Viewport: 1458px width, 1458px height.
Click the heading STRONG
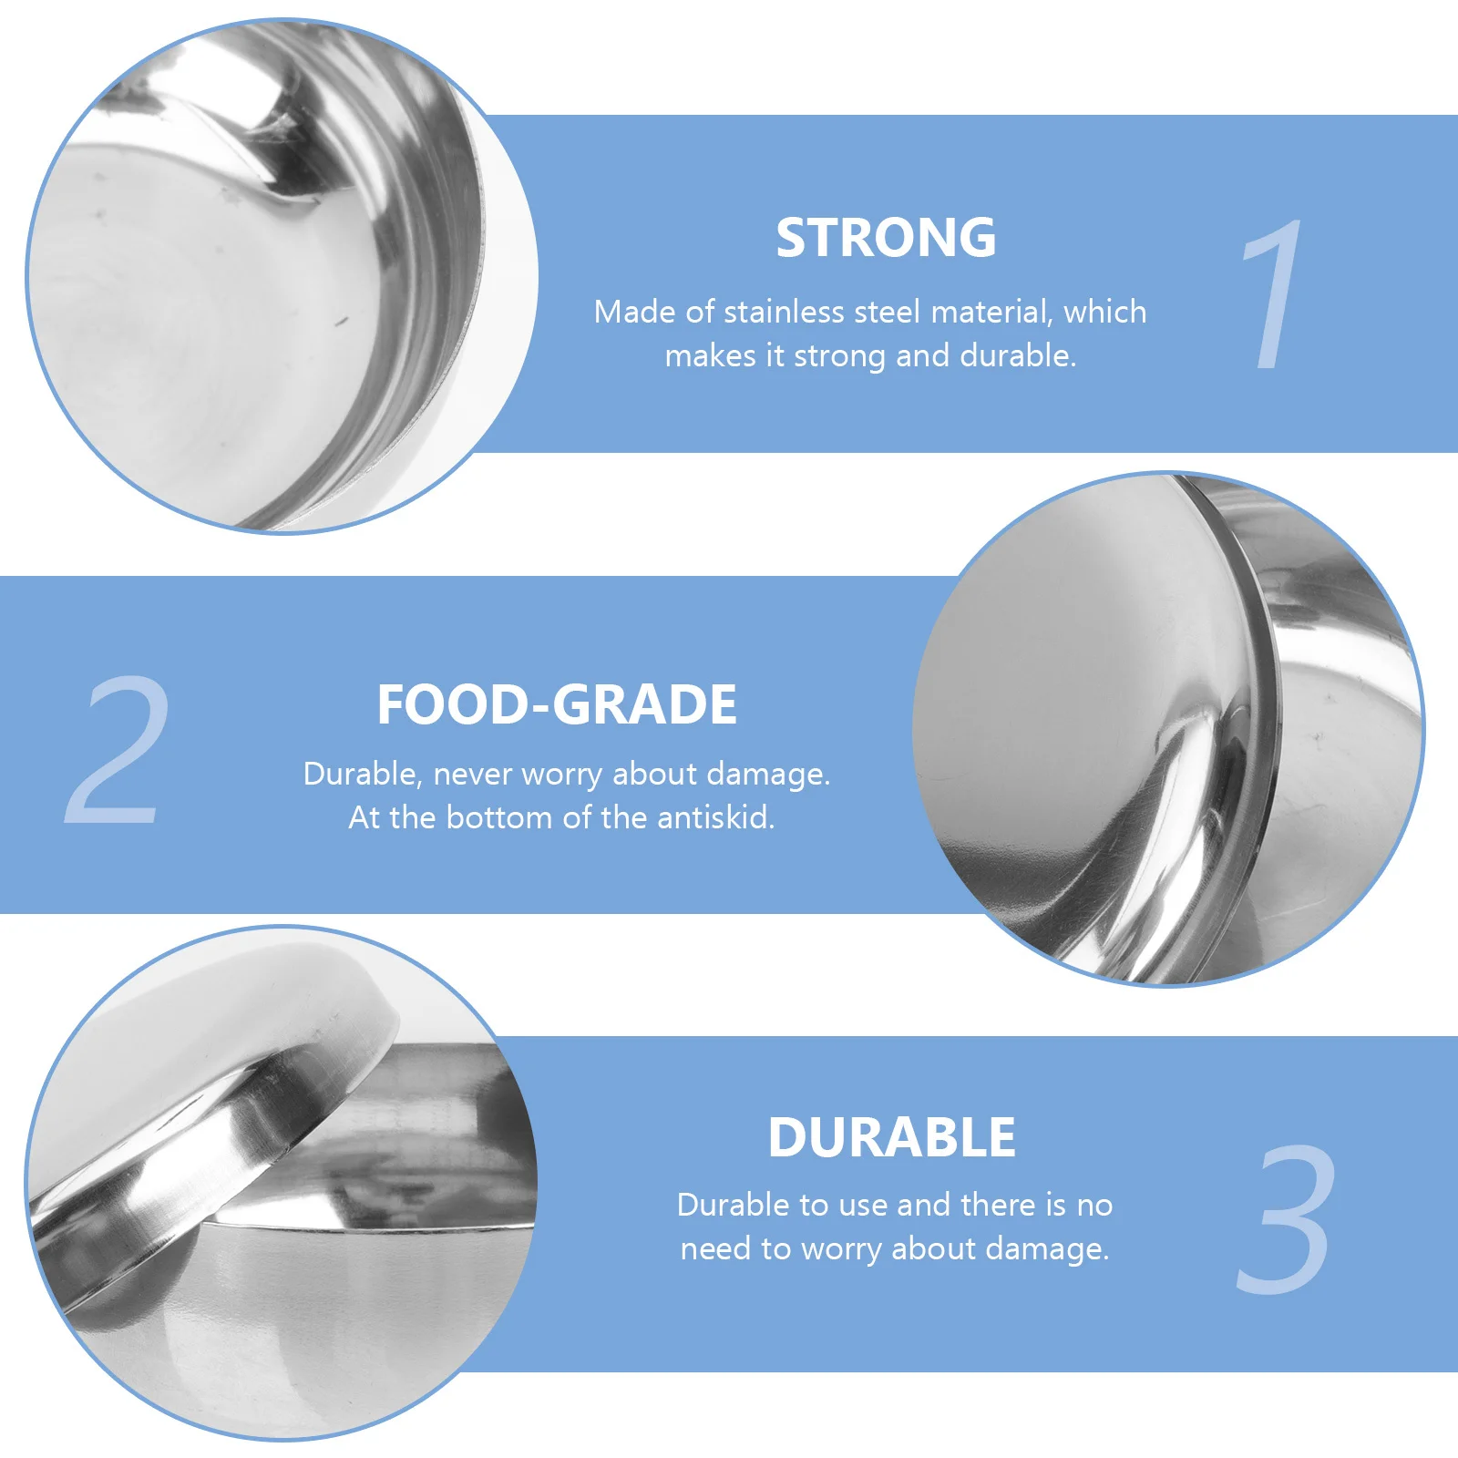886,239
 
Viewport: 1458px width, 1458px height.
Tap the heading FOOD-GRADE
557,705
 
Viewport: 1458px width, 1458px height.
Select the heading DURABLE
891,1138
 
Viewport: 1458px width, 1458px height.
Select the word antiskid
715,818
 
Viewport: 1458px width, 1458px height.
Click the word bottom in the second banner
500,818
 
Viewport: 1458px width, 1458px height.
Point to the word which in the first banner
1104,313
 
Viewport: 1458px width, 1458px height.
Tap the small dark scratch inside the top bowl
342,321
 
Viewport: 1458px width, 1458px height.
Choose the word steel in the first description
888,313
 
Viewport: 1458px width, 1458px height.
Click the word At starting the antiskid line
364,818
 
